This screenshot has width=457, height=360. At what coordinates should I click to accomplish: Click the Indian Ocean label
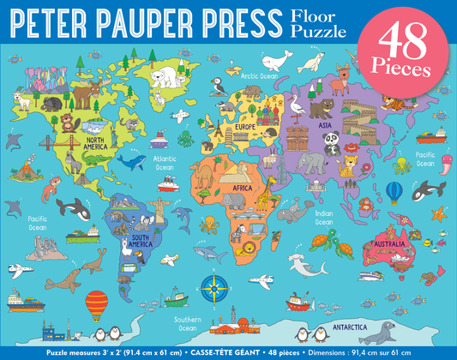323,218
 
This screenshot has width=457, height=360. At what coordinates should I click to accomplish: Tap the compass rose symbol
211,282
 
